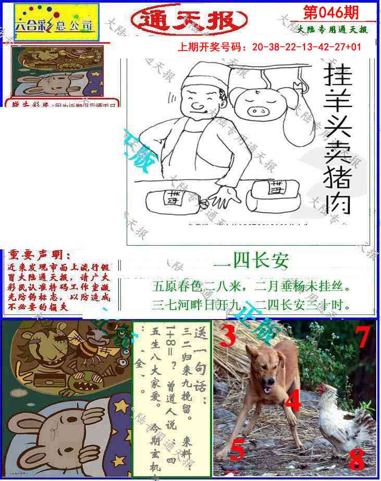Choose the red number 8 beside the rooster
(357, 459)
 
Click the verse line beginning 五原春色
(251, 286)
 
